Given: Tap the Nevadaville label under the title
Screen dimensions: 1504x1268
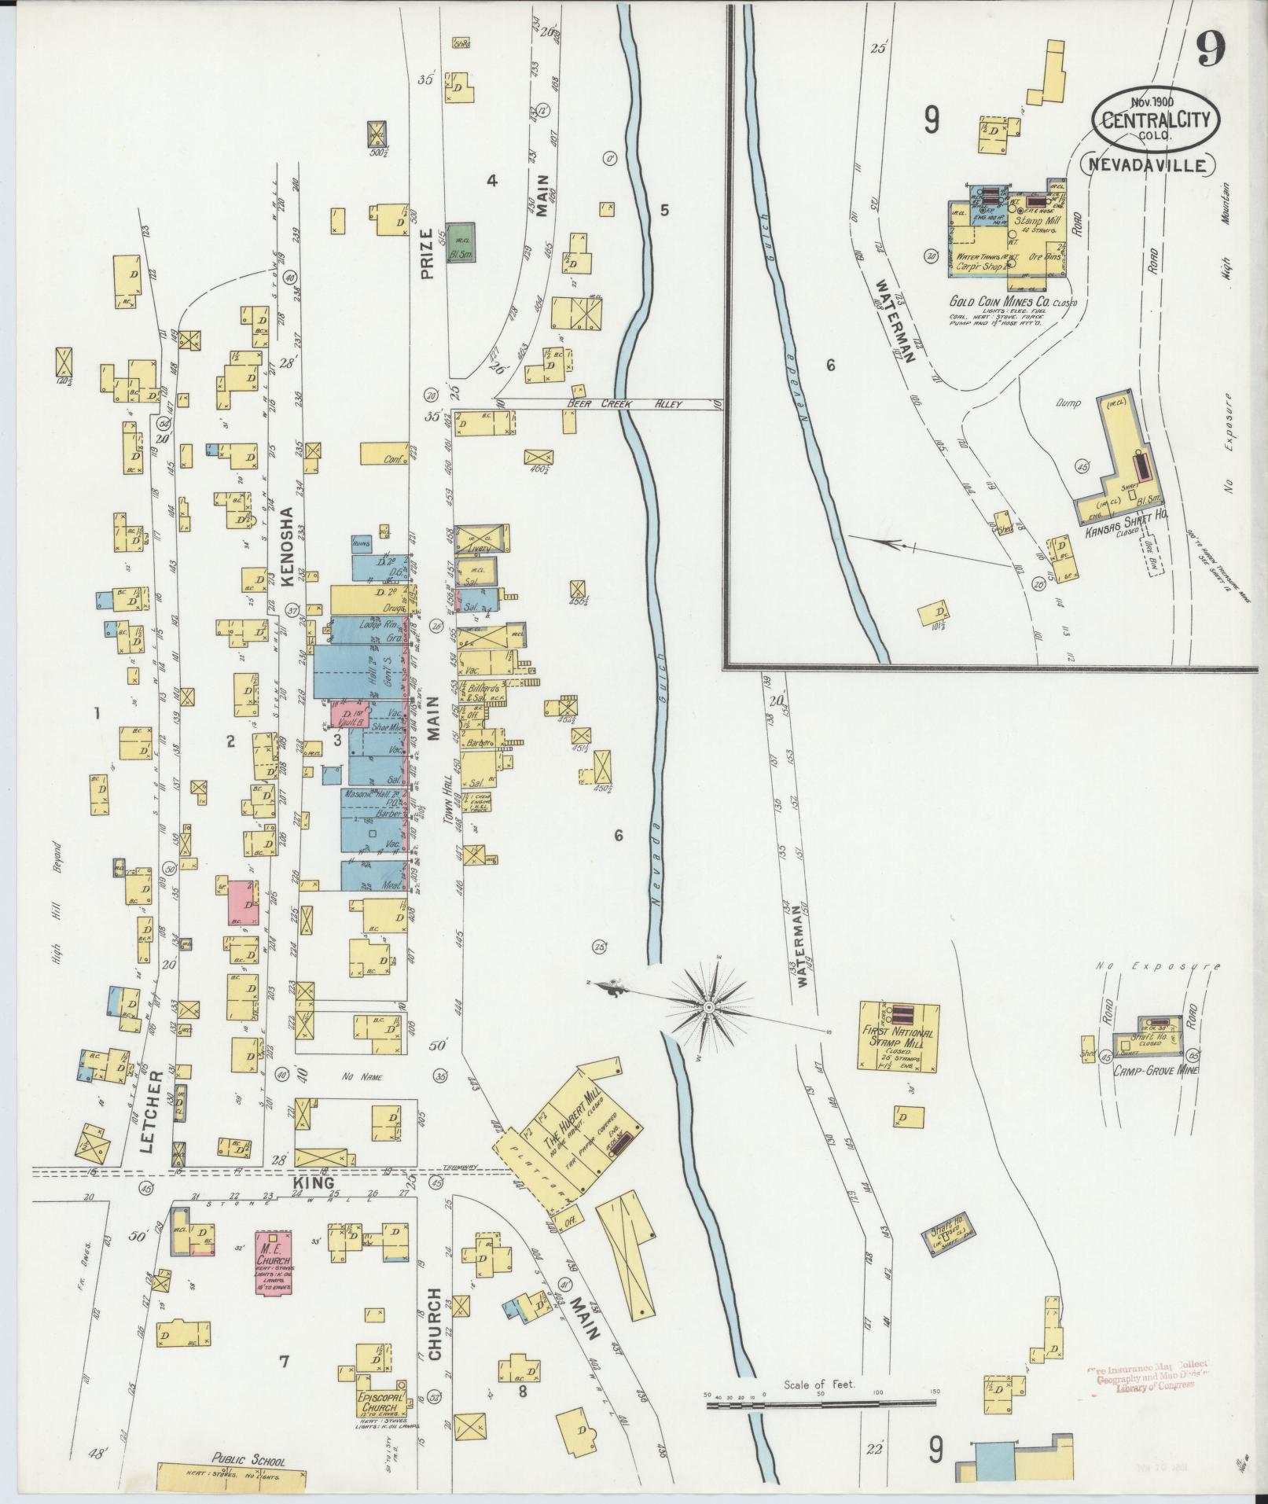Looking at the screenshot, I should click(1149, 165).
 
